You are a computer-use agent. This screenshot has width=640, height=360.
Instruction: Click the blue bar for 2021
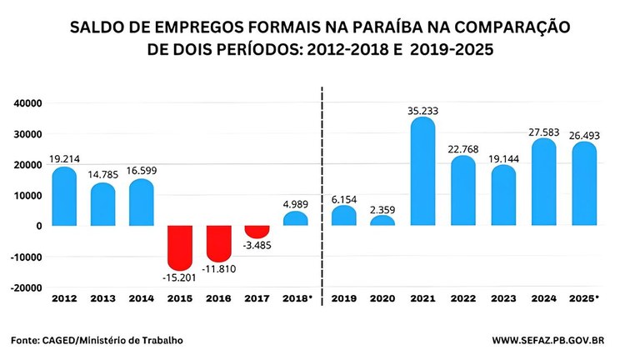pyautogui.click(x=423, y=171)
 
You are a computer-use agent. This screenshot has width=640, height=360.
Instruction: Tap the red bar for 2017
pyautogui.click(x=257, y=231)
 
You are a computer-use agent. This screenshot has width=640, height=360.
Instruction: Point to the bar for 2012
pyautogui.click(x=63, y=197)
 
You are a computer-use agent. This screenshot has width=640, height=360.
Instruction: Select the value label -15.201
pyautogui.click(x=180, y=277)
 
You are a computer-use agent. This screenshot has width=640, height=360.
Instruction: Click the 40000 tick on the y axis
pyautogui.click(x=27, y=102)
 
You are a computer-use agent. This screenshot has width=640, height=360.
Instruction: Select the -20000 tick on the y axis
pyautogui.click(x=26, y=287)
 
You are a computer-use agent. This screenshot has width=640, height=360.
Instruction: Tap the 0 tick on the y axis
pyautogui.click(x=38, y=226)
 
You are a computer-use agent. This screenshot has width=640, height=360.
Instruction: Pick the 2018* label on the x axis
pyautogui.click(x=297, y=297)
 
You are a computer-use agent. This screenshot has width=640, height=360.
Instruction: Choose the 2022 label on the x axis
pyautogui.click(x=462, y=297)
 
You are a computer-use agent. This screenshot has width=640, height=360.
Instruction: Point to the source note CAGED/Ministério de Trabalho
pyautogui.click(x=117, y=340)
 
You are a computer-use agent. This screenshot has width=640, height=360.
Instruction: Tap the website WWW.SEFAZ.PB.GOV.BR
pyautogui.click(x=557, y=340)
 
